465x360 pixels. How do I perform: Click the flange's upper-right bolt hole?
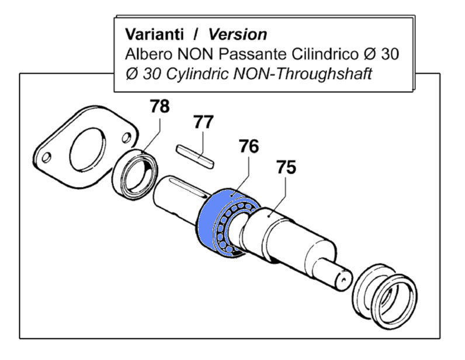[127, 139]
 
